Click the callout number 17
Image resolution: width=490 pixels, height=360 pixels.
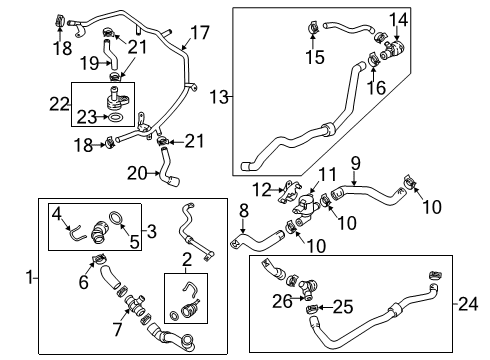200,33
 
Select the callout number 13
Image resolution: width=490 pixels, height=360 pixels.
219,97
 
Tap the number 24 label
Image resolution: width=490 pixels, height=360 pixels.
469,304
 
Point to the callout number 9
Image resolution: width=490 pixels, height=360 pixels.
356,163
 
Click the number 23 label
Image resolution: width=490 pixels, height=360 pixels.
87,117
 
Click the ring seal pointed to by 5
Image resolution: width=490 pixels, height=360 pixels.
115,218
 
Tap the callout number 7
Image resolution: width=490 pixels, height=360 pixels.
118,329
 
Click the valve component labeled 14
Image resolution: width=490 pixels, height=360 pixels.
393,49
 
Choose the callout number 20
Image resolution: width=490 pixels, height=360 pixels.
137,173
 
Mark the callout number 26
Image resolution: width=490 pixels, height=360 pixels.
282,301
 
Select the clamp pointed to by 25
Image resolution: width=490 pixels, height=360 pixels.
311,309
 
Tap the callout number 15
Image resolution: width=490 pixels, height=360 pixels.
315,57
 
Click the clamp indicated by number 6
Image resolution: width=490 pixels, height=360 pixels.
99,259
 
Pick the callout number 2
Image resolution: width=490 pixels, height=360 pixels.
187,260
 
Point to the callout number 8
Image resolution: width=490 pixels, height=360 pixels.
244,211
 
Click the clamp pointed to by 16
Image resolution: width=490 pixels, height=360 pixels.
374,59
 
